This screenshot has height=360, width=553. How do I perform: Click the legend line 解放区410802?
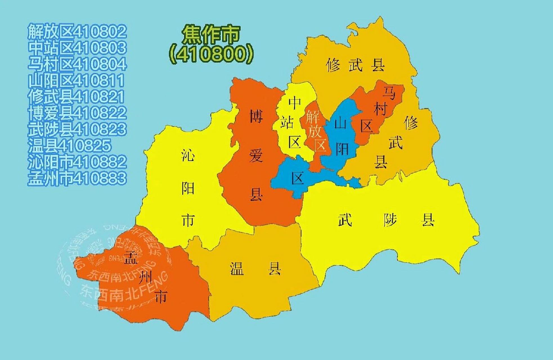[x=77, y=31]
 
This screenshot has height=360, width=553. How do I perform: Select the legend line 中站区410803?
[x=77, y=48]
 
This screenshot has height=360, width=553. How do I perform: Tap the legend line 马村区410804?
[x=77, y=64]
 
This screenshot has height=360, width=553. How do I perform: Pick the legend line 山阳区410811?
[x=76, y=80]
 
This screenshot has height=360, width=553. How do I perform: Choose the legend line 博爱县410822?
[x=77, y=113]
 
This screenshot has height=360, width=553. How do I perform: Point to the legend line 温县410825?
[x=69, y=146]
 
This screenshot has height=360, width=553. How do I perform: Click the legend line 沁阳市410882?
[x=77, y=162]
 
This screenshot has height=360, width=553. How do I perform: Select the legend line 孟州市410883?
[x=77, y=178]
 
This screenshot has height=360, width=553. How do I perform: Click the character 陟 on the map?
[x=390, y=220]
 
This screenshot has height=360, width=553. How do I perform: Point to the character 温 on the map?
[x=237, y=268]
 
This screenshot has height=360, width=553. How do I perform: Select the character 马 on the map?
[x=389, y=93]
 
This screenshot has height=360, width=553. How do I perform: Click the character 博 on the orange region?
[x=256, y=116]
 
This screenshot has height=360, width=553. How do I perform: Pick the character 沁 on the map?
[x=188, y=155]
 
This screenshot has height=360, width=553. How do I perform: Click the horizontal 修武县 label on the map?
[x=355, y=66]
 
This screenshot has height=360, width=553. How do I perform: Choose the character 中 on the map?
[x=295, y=103]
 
